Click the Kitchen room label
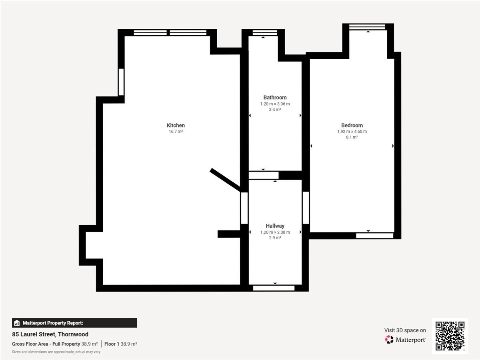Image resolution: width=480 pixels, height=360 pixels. [176, 125]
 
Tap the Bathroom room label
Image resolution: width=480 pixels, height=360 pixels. [275, 98]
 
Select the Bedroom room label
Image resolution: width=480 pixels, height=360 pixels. [352, 125]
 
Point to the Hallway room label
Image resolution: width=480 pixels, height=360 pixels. [275, 226]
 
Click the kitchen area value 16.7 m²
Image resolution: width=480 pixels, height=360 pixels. [176, 132]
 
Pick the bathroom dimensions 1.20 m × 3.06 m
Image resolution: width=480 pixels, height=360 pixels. [275, 104]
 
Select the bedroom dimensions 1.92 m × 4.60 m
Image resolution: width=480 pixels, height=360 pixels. [352, 132]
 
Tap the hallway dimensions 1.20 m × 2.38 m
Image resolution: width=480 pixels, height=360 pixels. [275, 232]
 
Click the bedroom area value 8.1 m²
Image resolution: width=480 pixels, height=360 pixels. [352, 137]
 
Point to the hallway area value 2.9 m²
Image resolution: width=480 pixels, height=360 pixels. [275, 238]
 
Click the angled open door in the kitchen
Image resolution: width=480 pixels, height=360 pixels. [225, 180]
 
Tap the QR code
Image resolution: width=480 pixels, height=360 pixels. [450, 336]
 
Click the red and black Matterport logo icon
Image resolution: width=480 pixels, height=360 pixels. [389, 340]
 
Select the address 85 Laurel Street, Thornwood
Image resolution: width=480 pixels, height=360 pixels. [50, 334]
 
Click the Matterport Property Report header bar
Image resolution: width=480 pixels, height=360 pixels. [74, 323]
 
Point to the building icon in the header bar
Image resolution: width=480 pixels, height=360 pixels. [17, 323]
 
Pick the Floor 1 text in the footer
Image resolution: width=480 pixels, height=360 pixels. [112, 344]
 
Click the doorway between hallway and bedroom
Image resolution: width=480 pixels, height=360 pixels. [306, 208]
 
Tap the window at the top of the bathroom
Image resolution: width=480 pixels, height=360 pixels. [265, 33]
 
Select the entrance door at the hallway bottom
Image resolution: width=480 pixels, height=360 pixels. [274, 288]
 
